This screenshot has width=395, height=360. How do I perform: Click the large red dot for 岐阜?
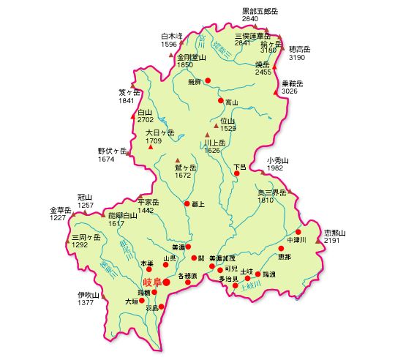[x=167, y=282]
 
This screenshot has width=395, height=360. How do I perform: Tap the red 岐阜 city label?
[x=151, y=282]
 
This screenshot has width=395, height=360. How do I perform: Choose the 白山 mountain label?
[x=146, y=112]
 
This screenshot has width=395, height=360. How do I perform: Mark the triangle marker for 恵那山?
[x=318, y=240]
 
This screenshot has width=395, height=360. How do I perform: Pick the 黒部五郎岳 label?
[x=260, y=10]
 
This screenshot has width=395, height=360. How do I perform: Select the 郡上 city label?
[x=198, y=204]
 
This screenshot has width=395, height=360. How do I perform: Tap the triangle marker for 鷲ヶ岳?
[x=177, y=160]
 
